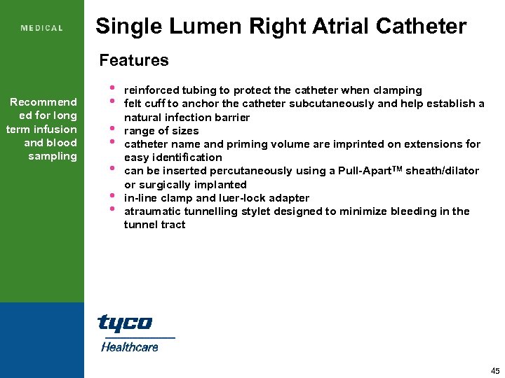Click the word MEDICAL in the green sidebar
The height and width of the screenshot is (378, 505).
click(42, 28)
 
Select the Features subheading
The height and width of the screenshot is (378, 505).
click(134, 60)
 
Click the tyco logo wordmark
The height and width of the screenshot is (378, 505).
click(125, 323)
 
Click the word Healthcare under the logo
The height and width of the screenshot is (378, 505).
click(130, 346)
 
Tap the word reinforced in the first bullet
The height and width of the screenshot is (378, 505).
click(151, 90)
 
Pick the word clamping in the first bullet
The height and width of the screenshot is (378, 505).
click(398, 90)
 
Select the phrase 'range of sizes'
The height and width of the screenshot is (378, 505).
click(161, 131)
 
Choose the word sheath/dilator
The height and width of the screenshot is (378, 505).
click(445, 171)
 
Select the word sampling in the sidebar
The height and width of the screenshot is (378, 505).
click(53, 156)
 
